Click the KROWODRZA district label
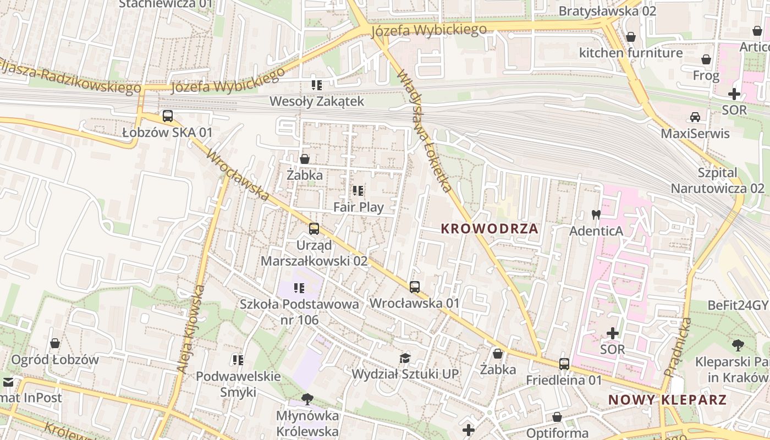point(490,229)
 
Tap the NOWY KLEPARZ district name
point(667,400)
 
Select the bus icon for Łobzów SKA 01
point(168,116)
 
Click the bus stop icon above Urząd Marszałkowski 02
point(314,229)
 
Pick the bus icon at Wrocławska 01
point(415,287)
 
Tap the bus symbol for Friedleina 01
point(564,364)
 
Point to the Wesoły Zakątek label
point(317,101)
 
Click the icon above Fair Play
point(358,191)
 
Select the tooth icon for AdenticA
point(596,215)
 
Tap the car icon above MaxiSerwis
point(695,117)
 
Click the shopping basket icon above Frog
point(706,59)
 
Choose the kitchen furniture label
point(631,53)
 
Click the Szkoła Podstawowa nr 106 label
point(299,311)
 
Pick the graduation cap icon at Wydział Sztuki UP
point(405,358)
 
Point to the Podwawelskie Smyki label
point(239,384)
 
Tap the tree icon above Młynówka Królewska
point(307,399)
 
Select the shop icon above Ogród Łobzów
point(55,344)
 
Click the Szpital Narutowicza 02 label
point(717,180)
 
